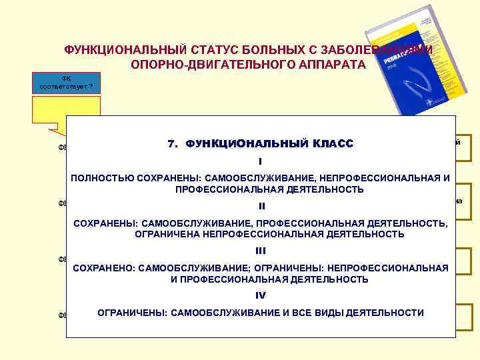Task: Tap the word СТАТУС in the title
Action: pos(200,51)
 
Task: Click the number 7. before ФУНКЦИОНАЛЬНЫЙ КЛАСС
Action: pos(172,144)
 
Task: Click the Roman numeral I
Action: pos(260,161)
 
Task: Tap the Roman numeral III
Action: pos(261,251)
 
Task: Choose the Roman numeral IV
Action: pos(261,295)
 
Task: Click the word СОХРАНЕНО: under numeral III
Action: pos(103,267)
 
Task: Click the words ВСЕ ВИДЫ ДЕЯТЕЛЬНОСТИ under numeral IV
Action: pos(360,312)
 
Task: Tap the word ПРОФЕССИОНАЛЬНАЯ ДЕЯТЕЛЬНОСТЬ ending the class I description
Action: pos(269,190)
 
